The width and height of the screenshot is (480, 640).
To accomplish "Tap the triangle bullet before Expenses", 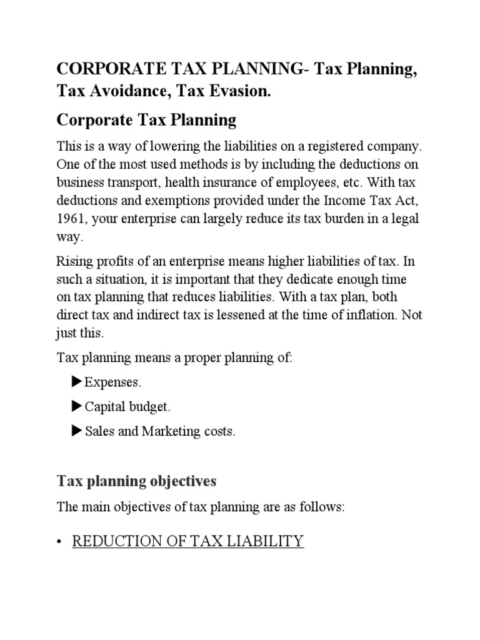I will (77, 381).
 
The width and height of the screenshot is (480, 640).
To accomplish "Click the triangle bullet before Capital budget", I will (77, 406).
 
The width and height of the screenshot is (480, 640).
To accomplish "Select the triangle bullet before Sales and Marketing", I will (77, 431).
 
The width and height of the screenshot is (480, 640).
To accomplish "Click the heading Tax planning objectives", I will (137, 481).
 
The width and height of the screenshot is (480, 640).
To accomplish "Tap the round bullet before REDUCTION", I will (60, 542).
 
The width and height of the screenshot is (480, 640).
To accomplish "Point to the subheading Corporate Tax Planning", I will (147, 119).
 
